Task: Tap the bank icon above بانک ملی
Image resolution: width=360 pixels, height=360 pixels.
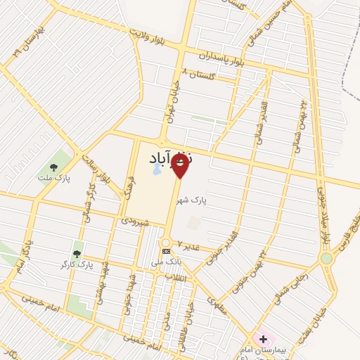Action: click(x=166, y=251)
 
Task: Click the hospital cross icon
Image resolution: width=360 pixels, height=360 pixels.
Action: click(x=263, y=340)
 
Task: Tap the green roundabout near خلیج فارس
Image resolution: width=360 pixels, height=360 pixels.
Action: click(x=326, y=258)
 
